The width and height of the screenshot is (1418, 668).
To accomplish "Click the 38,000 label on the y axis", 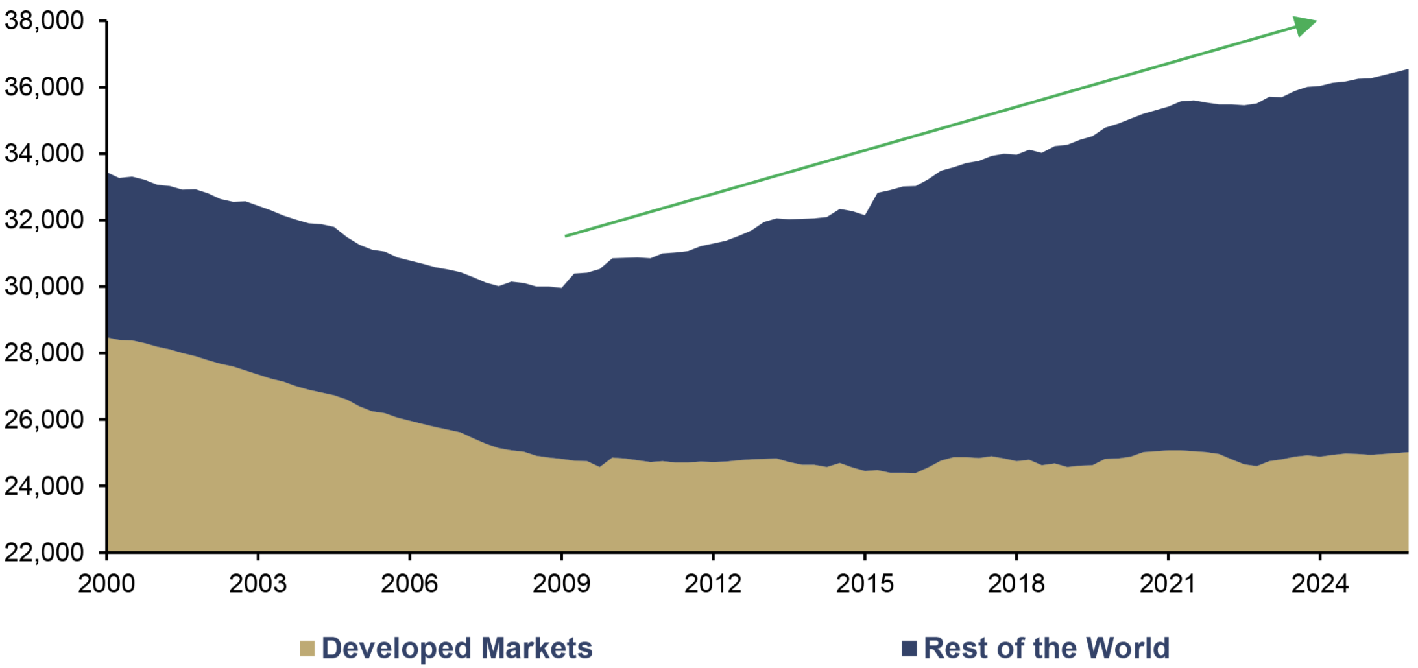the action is click(x=44, y=21).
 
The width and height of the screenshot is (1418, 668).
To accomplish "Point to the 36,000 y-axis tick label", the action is click(x=44, y=87).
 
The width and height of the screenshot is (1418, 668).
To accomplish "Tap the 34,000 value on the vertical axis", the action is click(x=44, y=154).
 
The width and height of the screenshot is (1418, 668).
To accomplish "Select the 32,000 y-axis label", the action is click(x=44, y=220).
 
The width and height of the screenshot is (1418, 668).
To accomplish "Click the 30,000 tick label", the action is click(x=44, y=286).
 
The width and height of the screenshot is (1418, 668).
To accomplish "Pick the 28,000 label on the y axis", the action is click(x=44, y=353).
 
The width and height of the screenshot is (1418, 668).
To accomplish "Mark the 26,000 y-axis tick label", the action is click(x=44, y=420).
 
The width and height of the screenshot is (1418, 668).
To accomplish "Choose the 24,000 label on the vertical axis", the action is click(x=44, y=486).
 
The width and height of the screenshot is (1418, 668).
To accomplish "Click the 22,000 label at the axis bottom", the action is click(x=44, y=553).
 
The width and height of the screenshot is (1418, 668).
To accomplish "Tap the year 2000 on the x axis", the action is click(x=106, y=584).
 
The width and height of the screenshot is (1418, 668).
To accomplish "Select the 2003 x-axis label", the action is click(x=258, y=584).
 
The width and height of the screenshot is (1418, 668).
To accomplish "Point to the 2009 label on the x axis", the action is click(x=561, y=584).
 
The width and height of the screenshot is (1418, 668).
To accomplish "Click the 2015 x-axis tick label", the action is click(x=865, y=584).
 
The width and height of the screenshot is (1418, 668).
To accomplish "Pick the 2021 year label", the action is click(x=1168, y=584).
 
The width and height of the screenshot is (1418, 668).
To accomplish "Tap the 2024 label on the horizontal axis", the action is click(x=1319, y=584).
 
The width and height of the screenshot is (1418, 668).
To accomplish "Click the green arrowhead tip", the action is click(x=1317, y=21).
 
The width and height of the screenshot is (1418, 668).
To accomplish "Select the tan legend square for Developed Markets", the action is click(x=307, y=649).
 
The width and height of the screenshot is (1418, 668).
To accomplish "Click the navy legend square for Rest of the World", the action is click(x=909, y=649).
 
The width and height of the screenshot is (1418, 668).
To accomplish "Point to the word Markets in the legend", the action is click(x=536, y=649).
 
